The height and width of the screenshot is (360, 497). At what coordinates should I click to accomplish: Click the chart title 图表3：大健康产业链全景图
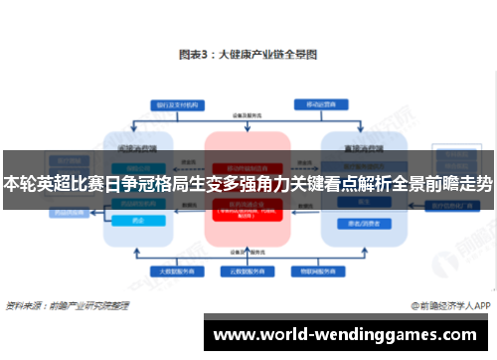tap(248, 57)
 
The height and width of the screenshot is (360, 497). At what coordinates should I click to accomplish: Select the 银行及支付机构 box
tap(172, 104)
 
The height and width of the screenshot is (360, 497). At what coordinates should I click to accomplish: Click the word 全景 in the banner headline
tap(391, 184)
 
